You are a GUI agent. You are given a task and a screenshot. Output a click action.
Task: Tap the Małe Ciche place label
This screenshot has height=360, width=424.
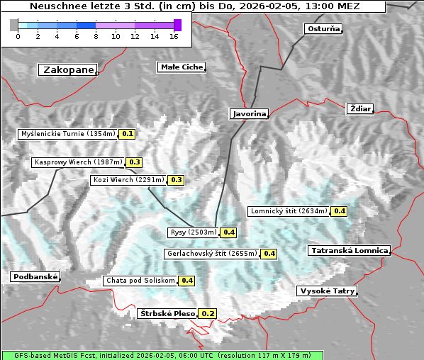point(182,67)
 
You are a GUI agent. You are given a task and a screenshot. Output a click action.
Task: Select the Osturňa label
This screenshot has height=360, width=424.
point(323,29)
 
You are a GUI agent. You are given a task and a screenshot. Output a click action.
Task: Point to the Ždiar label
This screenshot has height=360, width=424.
point(360,108)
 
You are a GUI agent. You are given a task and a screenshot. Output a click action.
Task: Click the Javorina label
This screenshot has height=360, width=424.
point(250,113)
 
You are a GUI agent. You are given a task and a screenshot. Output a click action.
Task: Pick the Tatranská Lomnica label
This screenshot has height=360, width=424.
point(350,251)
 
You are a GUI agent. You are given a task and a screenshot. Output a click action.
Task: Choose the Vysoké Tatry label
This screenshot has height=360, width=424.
point(327,291)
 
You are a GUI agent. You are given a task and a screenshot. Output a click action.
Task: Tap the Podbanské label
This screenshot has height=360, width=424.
point(35,277)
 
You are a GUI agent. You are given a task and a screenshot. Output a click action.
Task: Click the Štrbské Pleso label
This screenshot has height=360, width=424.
point(167,313)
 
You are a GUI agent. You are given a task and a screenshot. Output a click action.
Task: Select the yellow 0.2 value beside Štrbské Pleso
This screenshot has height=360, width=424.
point(208,313)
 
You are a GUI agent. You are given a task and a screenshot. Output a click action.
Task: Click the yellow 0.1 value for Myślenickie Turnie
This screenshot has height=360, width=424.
point(128,133)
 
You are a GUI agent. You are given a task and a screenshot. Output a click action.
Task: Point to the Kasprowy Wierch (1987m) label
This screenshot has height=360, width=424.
point(78,162)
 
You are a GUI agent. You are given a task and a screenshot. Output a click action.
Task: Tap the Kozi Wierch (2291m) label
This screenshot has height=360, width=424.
point(128,180)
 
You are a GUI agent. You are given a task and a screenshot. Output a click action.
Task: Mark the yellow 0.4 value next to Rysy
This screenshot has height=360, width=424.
point(229,232)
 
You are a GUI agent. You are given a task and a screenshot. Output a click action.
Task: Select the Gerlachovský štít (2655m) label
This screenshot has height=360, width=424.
point(211,254)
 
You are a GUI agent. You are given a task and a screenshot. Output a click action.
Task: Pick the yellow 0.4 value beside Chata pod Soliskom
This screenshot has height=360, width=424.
point(187,281)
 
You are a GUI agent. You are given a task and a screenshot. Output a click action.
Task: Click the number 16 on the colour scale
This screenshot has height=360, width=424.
point(174,36)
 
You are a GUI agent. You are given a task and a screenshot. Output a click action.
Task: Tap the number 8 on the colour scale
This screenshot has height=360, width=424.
point(96,36)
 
